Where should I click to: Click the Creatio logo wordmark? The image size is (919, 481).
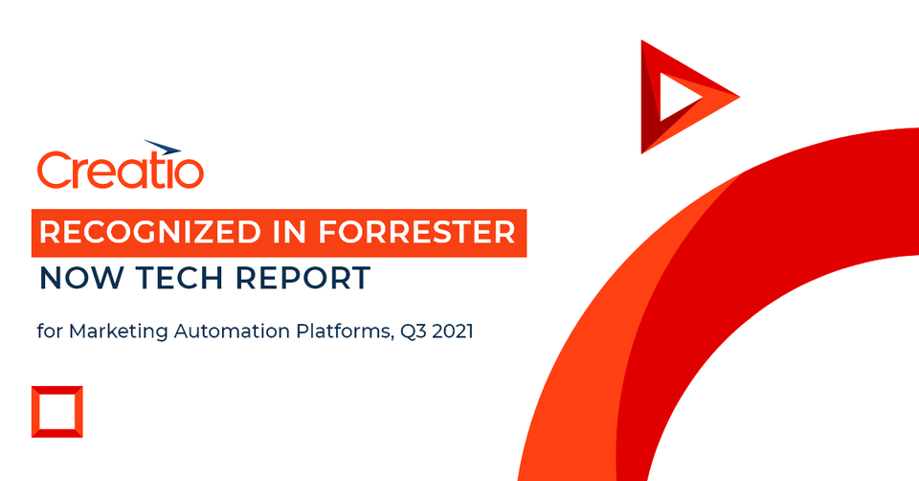(120, 171)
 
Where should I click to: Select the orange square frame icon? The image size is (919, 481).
(56, 411)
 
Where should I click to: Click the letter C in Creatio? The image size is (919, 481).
(55, 171)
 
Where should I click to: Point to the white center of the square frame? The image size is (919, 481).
(56, 411)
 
